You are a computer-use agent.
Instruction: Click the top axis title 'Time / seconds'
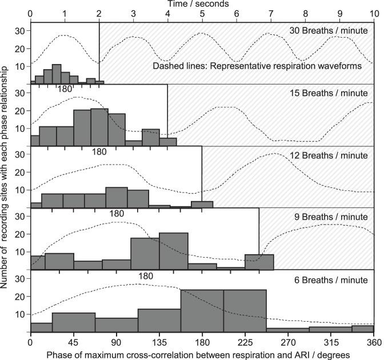tap(202, 4)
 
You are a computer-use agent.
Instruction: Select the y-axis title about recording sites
tap(6, 177)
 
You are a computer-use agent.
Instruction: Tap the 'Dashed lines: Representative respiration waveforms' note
tap(257, 66)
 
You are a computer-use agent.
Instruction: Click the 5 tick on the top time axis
tap(202, 13)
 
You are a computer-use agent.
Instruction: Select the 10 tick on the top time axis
tap(374, 13)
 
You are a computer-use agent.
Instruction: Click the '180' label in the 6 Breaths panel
tap(146, 276)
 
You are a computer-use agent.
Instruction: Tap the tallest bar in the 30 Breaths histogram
tap(57, 74)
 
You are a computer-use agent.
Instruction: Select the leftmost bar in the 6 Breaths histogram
tap(41, 327)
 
